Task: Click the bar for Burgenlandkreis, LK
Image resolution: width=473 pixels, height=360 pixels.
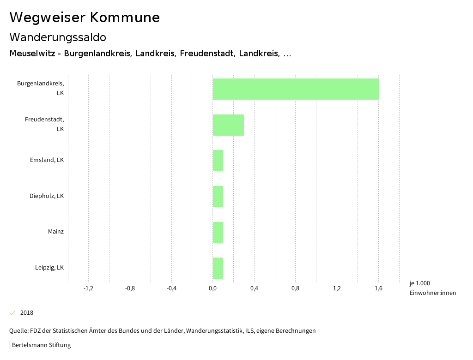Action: click(296, 89)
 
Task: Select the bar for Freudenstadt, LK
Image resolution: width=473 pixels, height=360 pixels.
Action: click(228, 125)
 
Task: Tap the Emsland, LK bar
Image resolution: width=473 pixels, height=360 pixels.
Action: click(218, 161)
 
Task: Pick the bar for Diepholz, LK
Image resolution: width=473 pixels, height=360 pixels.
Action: click(218, 197)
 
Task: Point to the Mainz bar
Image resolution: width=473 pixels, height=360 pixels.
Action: click(218, 233)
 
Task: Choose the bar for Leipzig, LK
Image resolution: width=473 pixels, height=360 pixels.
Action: click(218, 268)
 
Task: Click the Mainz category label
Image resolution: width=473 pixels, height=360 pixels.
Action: click(56, 232)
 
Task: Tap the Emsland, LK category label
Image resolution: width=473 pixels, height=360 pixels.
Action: click(47, 160)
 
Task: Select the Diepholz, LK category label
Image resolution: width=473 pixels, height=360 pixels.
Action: click(47, 196)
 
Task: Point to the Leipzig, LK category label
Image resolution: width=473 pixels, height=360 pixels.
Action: click(49, 268)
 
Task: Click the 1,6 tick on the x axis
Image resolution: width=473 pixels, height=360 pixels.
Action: click(378, 288)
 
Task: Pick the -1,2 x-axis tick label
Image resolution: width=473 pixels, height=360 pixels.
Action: click(88, 288)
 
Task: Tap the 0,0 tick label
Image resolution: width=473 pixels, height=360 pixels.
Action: click(212, 288)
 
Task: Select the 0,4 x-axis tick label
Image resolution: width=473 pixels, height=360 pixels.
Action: click(254, 288)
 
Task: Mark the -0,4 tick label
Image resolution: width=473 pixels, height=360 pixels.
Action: click(171, 288)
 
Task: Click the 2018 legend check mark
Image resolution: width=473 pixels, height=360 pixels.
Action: click(12, 313)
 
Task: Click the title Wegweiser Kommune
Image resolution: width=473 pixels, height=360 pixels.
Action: click(85, 18)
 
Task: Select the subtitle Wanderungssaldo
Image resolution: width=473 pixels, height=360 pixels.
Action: click(58, 37)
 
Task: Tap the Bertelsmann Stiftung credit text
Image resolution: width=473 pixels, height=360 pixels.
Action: click(41, 345)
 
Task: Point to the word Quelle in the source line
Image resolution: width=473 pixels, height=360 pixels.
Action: click(18, 331)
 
